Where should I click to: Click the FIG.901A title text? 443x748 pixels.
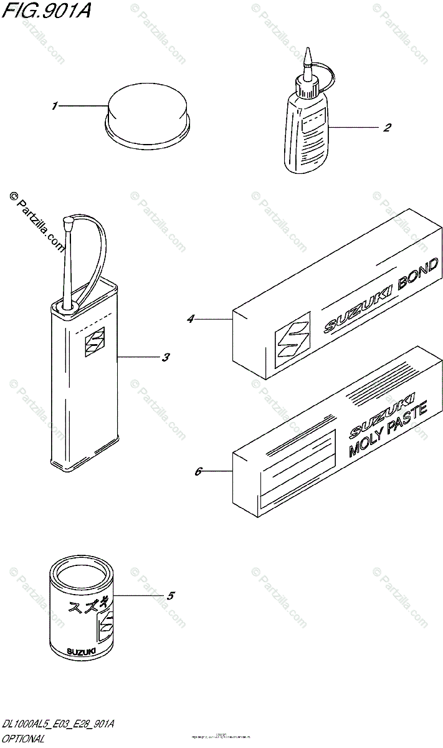coord(45,11)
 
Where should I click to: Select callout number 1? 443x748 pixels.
coord(55,107)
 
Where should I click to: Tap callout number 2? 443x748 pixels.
coord(387,128)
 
